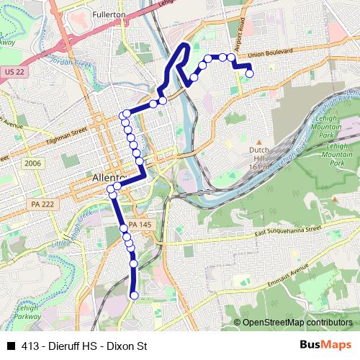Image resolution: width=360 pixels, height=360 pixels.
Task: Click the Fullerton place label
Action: tap(109, 14)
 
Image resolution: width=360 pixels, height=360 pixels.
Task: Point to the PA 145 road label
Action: tap(141, 225)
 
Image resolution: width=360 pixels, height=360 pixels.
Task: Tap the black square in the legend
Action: tap(11, 346)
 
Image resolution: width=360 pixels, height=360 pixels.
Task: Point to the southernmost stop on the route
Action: tap(134, 294)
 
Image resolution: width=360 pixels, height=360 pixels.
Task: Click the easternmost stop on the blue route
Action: tap(250, 72)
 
